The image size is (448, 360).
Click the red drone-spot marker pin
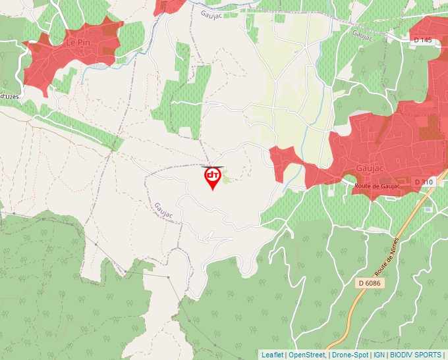point(212,176)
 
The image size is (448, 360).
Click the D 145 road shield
point(423,40)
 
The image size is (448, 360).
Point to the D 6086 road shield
point(370,283)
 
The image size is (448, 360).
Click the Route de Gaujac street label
point(377,186)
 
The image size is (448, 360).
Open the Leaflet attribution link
point(272,355)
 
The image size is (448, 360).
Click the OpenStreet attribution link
point(307,355)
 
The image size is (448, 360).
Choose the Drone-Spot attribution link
point(350,355)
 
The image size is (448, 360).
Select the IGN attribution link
point(379,355)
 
